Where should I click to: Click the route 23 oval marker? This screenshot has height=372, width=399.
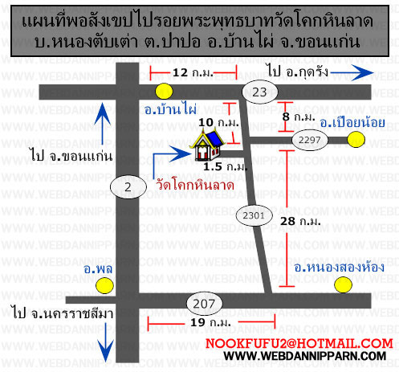tap(260, 92)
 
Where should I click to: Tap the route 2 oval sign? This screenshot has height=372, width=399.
tap(128, 186)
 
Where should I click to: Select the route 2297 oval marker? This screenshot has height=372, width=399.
tap(310, 140)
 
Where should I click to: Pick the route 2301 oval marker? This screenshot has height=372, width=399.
tap(254, 215)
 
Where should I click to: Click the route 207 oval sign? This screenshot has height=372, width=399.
tap(204, 304)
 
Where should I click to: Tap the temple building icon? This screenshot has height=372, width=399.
tap(208, 145)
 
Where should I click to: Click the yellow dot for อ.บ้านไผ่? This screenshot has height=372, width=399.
tap(164, 91)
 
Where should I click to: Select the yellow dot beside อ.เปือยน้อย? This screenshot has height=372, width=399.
tap(356, 140)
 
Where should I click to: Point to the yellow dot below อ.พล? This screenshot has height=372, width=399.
tap(104, 286)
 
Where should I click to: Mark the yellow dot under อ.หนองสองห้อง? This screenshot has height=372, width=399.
tap(343, 284)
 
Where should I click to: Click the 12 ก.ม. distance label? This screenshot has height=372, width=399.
tap(193, 72)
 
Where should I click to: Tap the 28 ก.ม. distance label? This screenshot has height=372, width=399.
tap(300, 221)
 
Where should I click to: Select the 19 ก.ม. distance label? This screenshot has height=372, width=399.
tap(210, 322)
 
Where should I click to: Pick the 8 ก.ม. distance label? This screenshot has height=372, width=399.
tap(299, 117)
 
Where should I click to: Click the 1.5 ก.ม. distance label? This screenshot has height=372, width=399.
tap(226, 166)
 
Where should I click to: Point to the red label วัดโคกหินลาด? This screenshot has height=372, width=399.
tap(195, 185)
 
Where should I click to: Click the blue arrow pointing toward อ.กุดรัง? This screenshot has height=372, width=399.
tap(352, 72)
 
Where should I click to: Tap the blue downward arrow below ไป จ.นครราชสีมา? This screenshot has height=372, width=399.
tap(106, 342)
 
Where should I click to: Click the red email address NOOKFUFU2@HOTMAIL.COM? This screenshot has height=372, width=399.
tap(299, 344)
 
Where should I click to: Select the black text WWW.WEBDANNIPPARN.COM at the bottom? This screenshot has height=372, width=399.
tap(305, 356)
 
